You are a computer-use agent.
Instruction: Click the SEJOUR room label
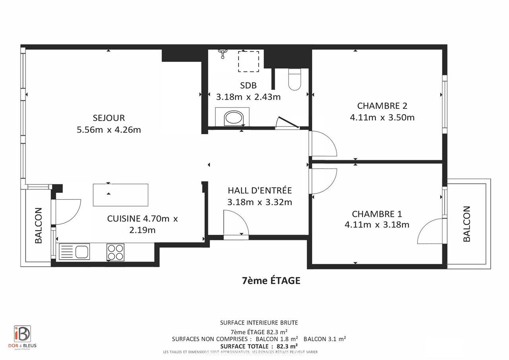[109, 118]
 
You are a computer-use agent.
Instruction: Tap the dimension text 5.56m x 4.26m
[109, 130]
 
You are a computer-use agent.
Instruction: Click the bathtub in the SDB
[233, 118]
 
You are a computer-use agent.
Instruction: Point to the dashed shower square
[249, 61]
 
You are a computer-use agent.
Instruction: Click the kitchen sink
[75, 252]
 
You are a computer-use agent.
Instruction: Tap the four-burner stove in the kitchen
[115, 252]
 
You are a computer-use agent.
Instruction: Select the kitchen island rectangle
[120, 195]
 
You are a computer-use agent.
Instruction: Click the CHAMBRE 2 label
[382, 106]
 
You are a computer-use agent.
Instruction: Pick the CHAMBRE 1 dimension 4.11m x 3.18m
[377, 225]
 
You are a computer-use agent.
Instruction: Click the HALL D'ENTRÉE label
[260, 190]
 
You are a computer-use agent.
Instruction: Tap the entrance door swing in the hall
[235, 225]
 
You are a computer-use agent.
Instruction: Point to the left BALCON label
[39, 225]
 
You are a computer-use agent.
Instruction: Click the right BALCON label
[467, 224]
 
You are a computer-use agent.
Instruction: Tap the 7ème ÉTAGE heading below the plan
[271, 281]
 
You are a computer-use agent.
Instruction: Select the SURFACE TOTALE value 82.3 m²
[285, 346]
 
